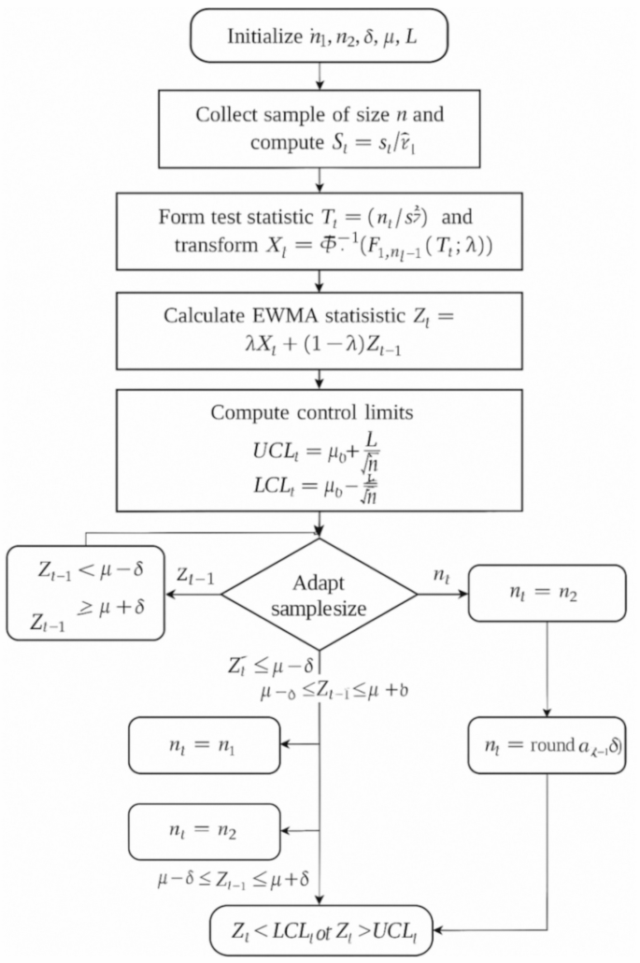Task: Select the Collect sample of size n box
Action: coord(320,129)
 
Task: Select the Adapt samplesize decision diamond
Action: coord(320,594)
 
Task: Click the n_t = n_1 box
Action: coord(192,744)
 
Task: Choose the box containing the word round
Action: coord(546,745)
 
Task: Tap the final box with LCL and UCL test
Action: coord(321,931)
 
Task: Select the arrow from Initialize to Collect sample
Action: coord(320,73)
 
